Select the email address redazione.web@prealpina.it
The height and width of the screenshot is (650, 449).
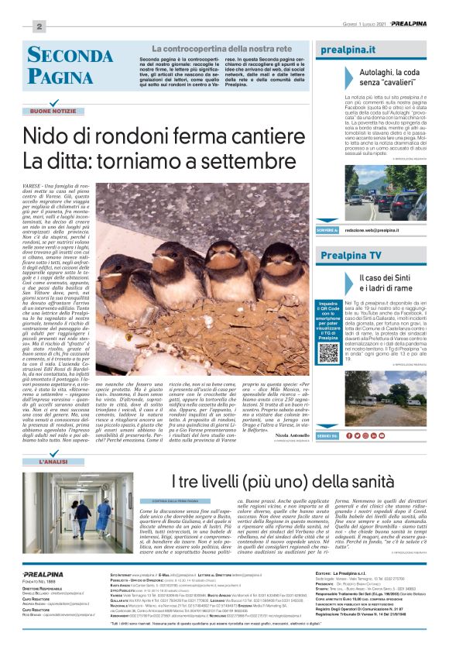coord(372,230)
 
